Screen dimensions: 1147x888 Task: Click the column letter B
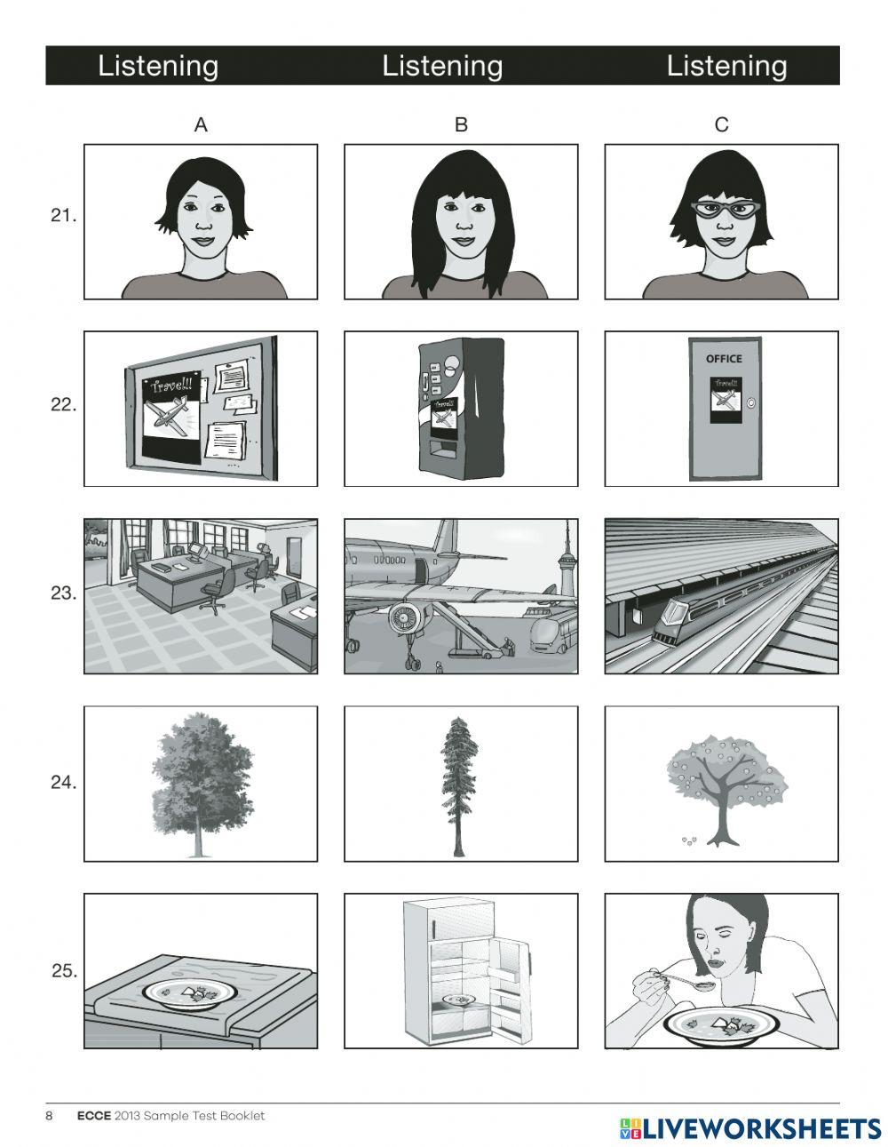tap(460, 125)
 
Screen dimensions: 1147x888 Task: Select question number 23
tap(63, 593)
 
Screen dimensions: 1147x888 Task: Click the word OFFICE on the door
tap(724, 359)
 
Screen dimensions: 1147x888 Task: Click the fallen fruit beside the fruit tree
tap(687, 838)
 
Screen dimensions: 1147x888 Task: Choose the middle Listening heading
tap(442, 66)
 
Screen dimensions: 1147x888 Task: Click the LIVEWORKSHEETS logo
tap(750, 1127)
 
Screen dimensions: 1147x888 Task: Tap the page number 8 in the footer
tap(50, 1116)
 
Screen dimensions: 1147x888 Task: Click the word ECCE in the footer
tap(93, 1116)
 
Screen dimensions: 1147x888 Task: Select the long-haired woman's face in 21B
tap(460, 218)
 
